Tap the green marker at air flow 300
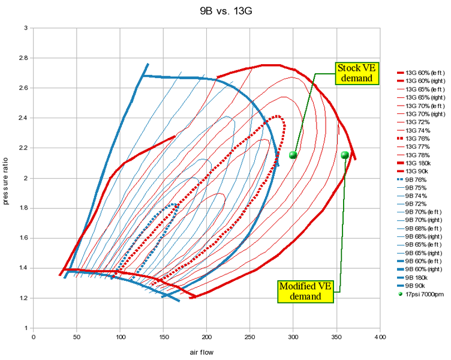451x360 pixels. coord(293,155)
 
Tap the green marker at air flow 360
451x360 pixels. coord(345,155)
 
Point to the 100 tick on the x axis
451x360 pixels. coord(120,338)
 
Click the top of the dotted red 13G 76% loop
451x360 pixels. coord(278,116)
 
